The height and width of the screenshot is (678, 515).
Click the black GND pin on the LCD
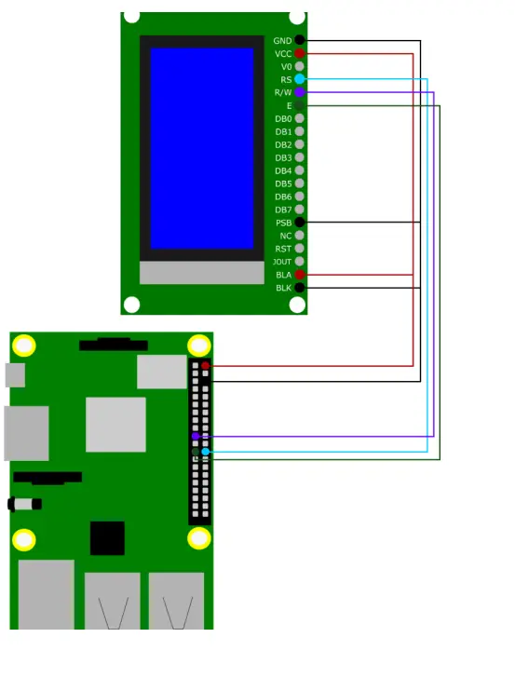point(299,41)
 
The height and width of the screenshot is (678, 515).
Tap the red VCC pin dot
point(299,54)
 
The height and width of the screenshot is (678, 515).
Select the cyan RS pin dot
point(299,80)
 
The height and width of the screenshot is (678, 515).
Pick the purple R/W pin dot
point(299,93)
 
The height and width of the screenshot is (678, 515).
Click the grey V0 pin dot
point(299,67)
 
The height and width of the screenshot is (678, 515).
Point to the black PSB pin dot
point(299,223)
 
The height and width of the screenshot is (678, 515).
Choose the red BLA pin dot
point(299,275)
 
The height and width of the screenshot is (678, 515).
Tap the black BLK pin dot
point(299,288)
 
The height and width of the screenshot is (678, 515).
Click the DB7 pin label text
point(283,210)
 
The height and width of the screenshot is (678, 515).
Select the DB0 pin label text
point(283,119)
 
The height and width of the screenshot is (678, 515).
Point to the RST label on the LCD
point(283,249)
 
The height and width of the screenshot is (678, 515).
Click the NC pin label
point(285,236)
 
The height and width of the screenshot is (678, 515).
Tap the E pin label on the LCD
point(289,106)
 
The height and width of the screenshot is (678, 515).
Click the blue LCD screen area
point(201,148)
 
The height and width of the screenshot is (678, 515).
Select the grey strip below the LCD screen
point(201,273)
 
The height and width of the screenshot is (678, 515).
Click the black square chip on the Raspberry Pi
point(107,538)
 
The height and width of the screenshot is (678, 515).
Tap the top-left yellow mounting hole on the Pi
point(24,346)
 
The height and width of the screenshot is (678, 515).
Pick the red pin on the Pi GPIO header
point(205,366)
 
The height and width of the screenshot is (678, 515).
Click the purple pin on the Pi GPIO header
point(195,436)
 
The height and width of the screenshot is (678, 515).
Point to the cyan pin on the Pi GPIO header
point(205,452)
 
